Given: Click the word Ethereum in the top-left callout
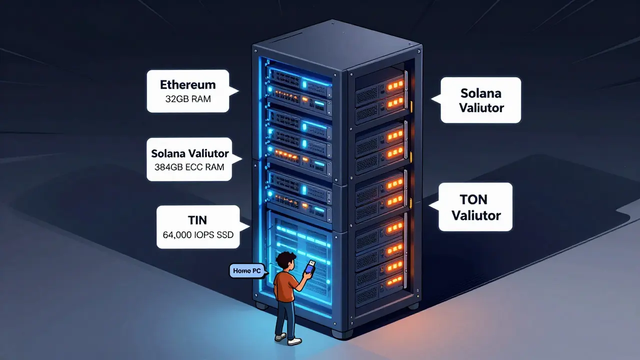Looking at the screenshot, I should pyautogui.click(x=187, y=84).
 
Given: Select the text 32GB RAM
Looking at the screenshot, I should pyautogui.click(x=187, y=99).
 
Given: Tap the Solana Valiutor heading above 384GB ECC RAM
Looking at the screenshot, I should pyautogui.click(x=189, y=153).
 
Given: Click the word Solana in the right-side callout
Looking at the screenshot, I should pyautogui.click(x=480, y=93).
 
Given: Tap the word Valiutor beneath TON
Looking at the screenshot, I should pyautogui.click(x=476, y=215).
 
